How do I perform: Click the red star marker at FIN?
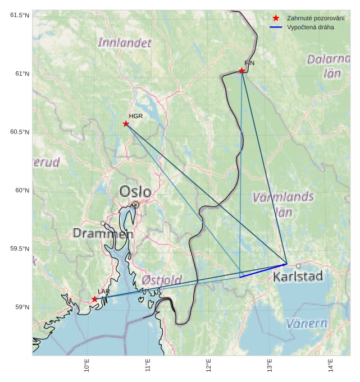pos(241,71)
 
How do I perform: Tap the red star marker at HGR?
pos(126,123)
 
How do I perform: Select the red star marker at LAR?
pos(94,299)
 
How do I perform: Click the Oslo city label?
pos(135,192)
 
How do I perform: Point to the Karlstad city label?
pos(298,277)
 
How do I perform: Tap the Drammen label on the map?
pos(103,233)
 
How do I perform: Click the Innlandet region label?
pos(125,42)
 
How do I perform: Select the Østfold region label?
pos(162,279)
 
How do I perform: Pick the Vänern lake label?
pos(307,323)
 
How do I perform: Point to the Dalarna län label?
pos(328,65)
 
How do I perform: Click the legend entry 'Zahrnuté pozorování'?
pos(315,18)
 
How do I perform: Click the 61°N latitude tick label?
pos(20,73)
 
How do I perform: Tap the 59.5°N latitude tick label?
pos(19,248)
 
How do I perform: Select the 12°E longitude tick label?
pos(208,365)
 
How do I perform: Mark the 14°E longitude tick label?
pos(330,365)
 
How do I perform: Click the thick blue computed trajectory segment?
pos(263,270)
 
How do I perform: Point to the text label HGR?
pos(135,116)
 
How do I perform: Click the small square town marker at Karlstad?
pos(298,265)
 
